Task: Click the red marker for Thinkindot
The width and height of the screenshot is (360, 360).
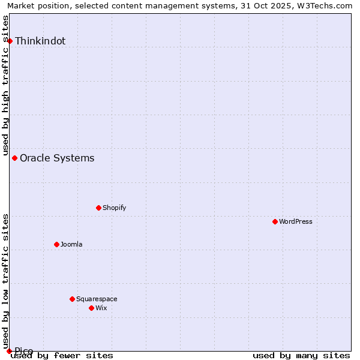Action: click(10, 41)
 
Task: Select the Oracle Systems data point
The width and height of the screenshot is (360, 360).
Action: click(15, 158)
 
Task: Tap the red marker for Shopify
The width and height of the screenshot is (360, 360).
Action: click(98, 208)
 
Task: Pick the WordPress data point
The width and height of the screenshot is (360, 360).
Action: click(275, 222)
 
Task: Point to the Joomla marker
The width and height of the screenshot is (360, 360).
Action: click(56, 244)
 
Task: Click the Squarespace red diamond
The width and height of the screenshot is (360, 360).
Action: click(72, 299)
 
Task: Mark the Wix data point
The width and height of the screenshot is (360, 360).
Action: click(91, 308)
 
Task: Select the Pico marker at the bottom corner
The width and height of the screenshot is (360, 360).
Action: click(9, 351)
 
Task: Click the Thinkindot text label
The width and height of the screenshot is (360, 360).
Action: click(40, 41)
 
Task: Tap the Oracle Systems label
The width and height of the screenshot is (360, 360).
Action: click(57, 158)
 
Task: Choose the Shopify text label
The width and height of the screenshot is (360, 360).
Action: click(114, 208)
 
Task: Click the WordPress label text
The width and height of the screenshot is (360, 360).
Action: click(296, 222)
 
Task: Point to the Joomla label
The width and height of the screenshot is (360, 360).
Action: click(71, 244)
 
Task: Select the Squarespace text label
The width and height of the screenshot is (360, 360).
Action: click(97, 299)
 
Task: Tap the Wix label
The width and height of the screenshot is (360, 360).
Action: click(101, 308)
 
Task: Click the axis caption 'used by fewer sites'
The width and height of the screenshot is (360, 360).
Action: click(62, 355)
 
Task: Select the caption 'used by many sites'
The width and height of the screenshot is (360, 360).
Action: click(301, 355)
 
